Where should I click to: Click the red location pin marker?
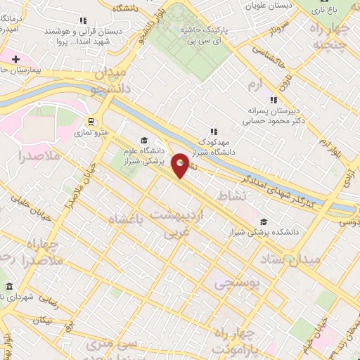click(181, 165)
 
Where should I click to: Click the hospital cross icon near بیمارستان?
click(15, 60)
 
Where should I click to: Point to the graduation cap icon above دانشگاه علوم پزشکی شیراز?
click(144, 140)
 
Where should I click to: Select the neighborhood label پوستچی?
click(237, 283)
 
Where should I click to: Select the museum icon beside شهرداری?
click(8, 288)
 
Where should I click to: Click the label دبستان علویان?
click(266, 6)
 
